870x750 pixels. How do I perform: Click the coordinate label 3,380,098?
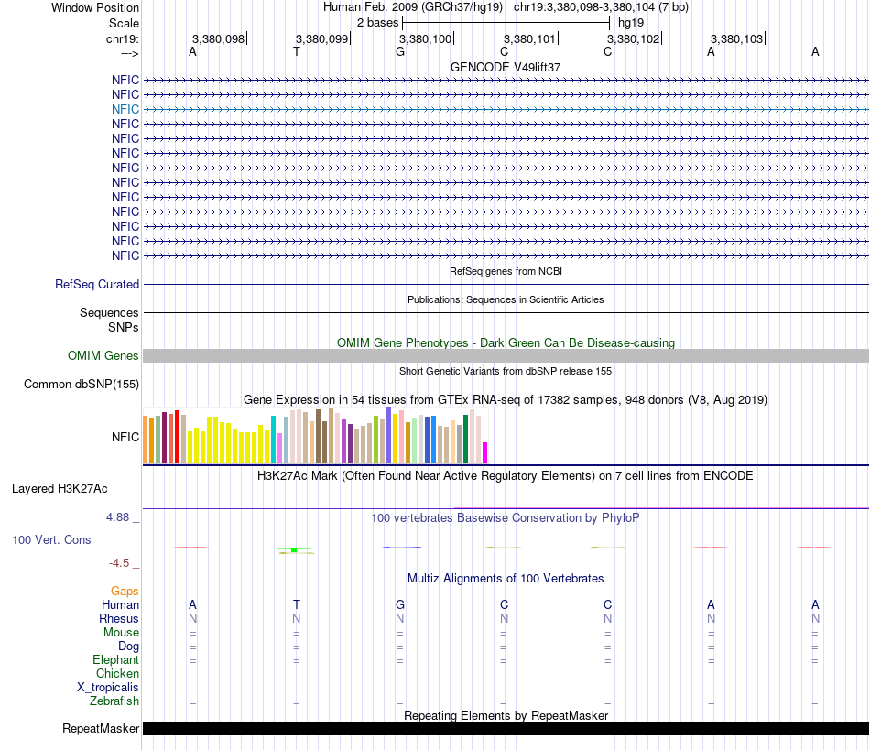click(218, 39)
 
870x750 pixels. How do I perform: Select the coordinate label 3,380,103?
click(736, 39)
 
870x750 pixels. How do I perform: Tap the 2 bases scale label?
click(377, 22)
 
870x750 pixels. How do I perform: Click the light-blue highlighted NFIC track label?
click(125, 109)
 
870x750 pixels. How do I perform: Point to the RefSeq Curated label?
click(97, 285)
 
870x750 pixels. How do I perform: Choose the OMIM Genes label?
click(103, 356)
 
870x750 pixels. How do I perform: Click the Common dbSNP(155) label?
click(82, 385)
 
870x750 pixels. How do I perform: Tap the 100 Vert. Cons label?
click(51, 540)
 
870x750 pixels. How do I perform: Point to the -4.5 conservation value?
click(123, 563)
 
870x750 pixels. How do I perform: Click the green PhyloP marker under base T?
click(294, 549)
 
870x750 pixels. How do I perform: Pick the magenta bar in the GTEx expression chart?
click(485, 452)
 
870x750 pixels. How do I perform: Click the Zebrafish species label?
click(114, 701)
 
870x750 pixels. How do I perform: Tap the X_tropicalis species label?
click(108, 688)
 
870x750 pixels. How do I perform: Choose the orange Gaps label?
click(125, 592)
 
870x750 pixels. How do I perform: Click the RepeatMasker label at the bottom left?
click(101, 729)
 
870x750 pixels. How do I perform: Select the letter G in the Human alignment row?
click(400, 604)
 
